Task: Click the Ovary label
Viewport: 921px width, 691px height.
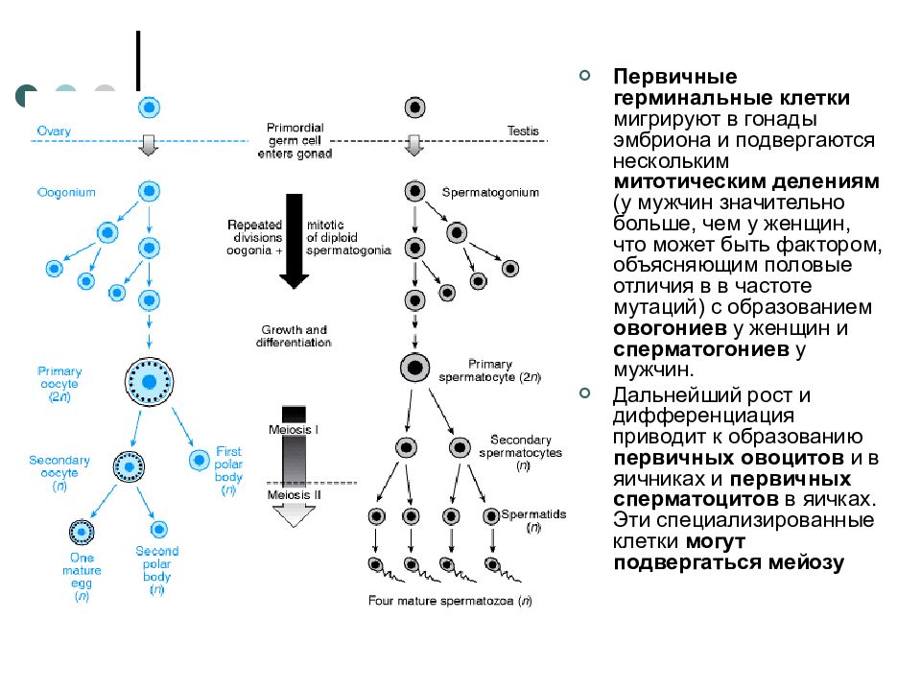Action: [x=54, y=131]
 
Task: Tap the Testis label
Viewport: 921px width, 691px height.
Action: [x=523, y=131]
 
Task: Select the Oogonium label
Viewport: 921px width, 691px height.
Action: [x=66, y=192]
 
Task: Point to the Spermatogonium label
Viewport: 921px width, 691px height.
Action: [x=490, y=192]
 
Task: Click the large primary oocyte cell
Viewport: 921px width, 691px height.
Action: [x=150, y=382]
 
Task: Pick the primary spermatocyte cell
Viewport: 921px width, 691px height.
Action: [x=414, y=368]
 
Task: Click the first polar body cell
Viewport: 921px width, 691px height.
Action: [x=200, y=460]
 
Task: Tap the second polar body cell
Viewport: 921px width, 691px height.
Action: [x=158, y=530]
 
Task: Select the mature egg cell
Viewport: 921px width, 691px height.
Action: [x=82, y=533]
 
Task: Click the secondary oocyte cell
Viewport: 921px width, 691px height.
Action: [x=129, y=467]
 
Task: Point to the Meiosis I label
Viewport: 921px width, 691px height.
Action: [x=294, y=430]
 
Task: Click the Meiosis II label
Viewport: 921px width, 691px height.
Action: [x=295, y=495]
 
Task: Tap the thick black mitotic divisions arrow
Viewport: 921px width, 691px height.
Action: [x=295, y=241]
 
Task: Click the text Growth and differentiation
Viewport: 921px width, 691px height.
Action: [x=294, y=336]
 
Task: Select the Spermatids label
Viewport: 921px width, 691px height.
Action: [x=533, y=514]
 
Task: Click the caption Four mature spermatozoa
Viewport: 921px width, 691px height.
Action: [x=450, y=601]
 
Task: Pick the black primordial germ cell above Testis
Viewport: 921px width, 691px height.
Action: [x=414, y=107]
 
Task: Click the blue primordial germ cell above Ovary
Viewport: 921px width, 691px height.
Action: [x=150, y=107]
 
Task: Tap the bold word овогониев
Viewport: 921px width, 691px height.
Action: [x=671, y=328]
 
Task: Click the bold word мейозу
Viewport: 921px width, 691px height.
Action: [x=807, y=562]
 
